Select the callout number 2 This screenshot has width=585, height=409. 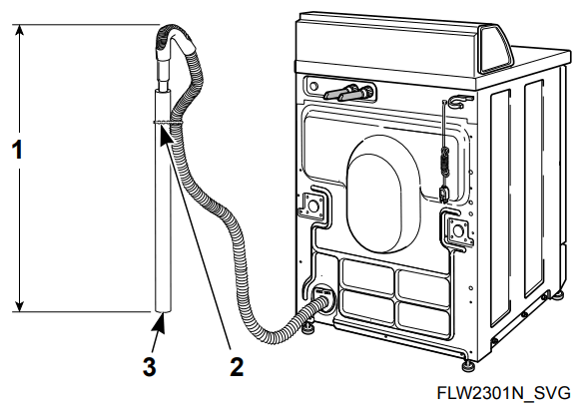tap(237, 366)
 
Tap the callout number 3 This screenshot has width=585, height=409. tap(148, 366)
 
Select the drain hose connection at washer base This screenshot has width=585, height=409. tap(321, 300)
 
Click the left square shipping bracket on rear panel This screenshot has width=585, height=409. tap(313, 207)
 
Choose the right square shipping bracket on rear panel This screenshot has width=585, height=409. tap(458, 231)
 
